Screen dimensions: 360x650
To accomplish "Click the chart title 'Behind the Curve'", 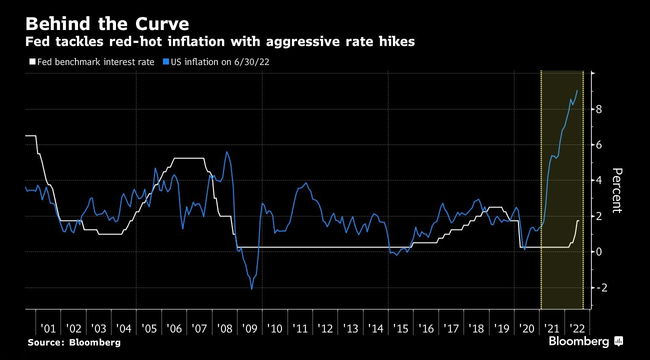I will tap(107, 24).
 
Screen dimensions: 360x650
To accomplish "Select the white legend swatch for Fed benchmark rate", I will tap(31, 62).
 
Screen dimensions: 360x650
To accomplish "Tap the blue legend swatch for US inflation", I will tap(165, 62).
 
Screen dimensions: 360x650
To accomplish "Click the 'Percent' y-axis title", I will tap(617, 190).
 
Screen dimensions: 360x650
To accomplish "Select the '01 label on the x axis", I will tap(48, 329).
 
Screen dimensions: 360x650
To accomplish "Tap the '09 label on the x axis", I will tap(249, 329).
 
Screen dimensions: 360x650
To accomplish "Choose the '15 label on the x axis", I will tap(400, 329).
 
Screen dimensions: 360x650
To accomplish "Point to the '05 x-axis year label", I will tap(148, 329).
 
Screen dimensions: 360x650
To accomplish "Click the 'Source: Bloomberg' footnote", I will tap(74, 342).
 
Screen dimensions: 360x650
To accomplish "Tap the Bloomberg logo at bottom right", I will tap(585, 342).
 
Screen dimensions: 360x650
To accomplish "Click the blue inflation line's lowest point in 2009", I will tap(251, 289).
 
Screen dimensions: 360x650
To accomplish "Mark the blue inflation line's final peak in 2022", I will tap(577, 90).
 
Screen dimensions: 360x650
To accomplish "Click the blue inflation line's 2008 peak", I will tap(226, 152).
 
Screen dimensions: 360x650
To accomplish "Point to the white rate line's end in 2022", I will tap(579, 221).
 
